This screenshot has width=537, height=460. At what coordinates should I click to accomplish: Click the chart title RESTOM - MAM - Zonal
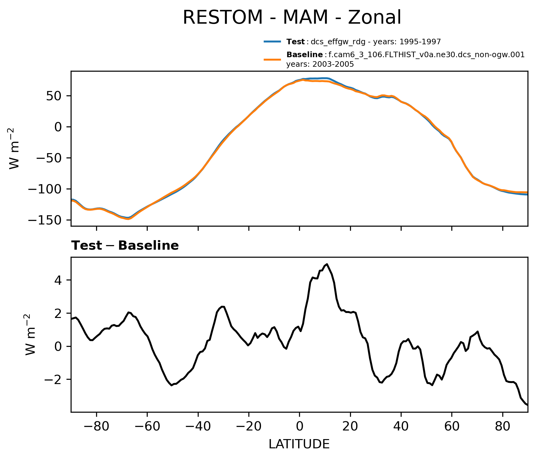(292, 18)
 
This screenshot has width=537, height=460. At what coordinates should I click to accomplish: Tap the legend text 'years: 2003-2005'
(320, 65)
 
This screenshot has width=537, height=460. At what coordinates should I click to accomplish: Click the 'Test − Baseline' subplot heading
(125, 246)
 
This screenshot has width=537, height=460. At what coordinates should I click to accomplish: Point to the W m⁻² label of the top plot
(14, 149)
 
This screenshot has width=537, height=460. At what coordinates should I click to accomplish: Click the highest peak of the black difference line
(327, 264)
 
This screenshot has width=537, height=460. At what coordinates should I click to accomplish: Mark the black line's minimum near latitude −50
(172, 385)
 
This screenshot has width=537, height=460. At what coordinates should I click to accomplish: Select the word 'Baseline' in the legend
(304, 55)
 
